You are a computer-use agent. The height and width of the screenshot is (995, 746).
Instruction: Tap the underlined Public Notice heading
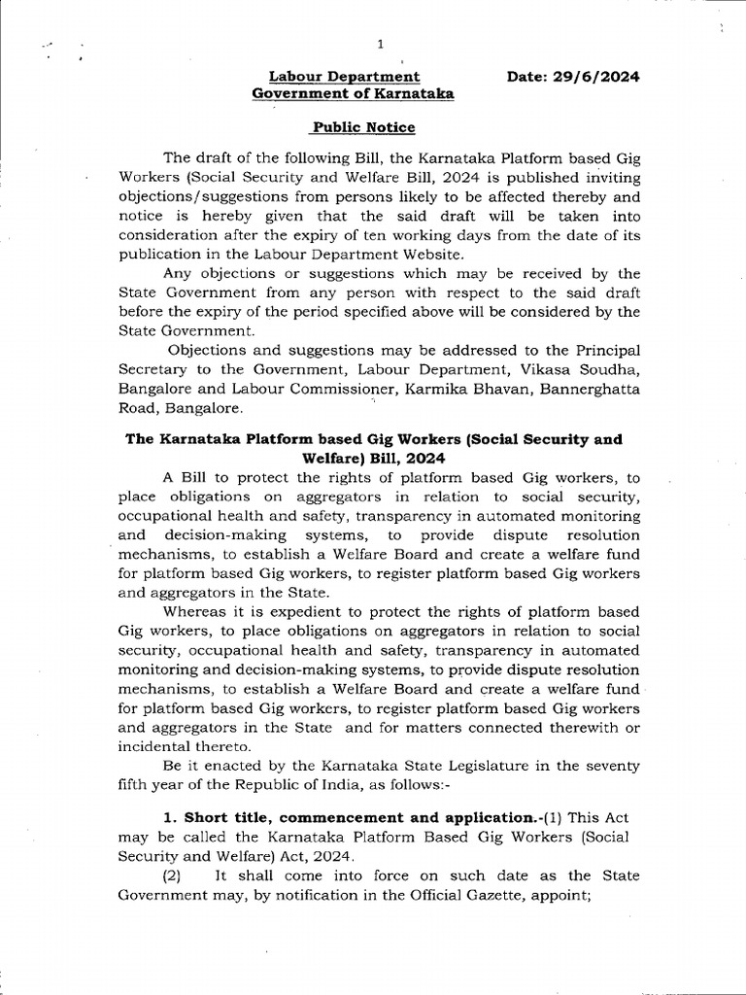[363, 127]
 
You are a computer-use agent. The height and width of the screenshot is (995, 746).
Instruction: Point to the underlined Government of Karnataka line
[353, 93]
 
